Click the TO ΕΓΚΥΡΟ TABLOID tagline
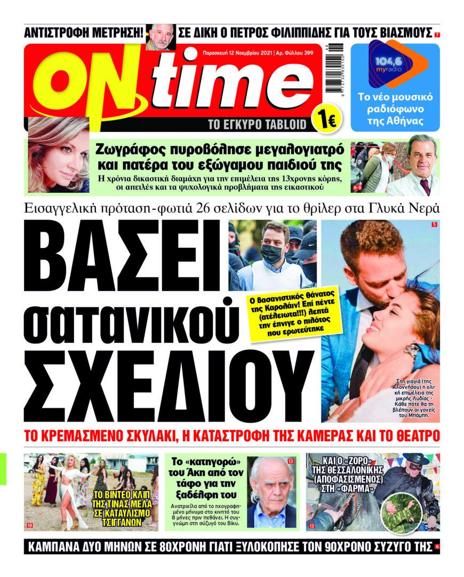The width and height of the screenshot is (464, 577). pos(258,125)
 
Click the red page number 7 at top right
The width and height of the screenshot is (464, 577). pos(437,35)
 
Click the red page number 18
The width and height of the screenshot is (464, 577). pos(29,526)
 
